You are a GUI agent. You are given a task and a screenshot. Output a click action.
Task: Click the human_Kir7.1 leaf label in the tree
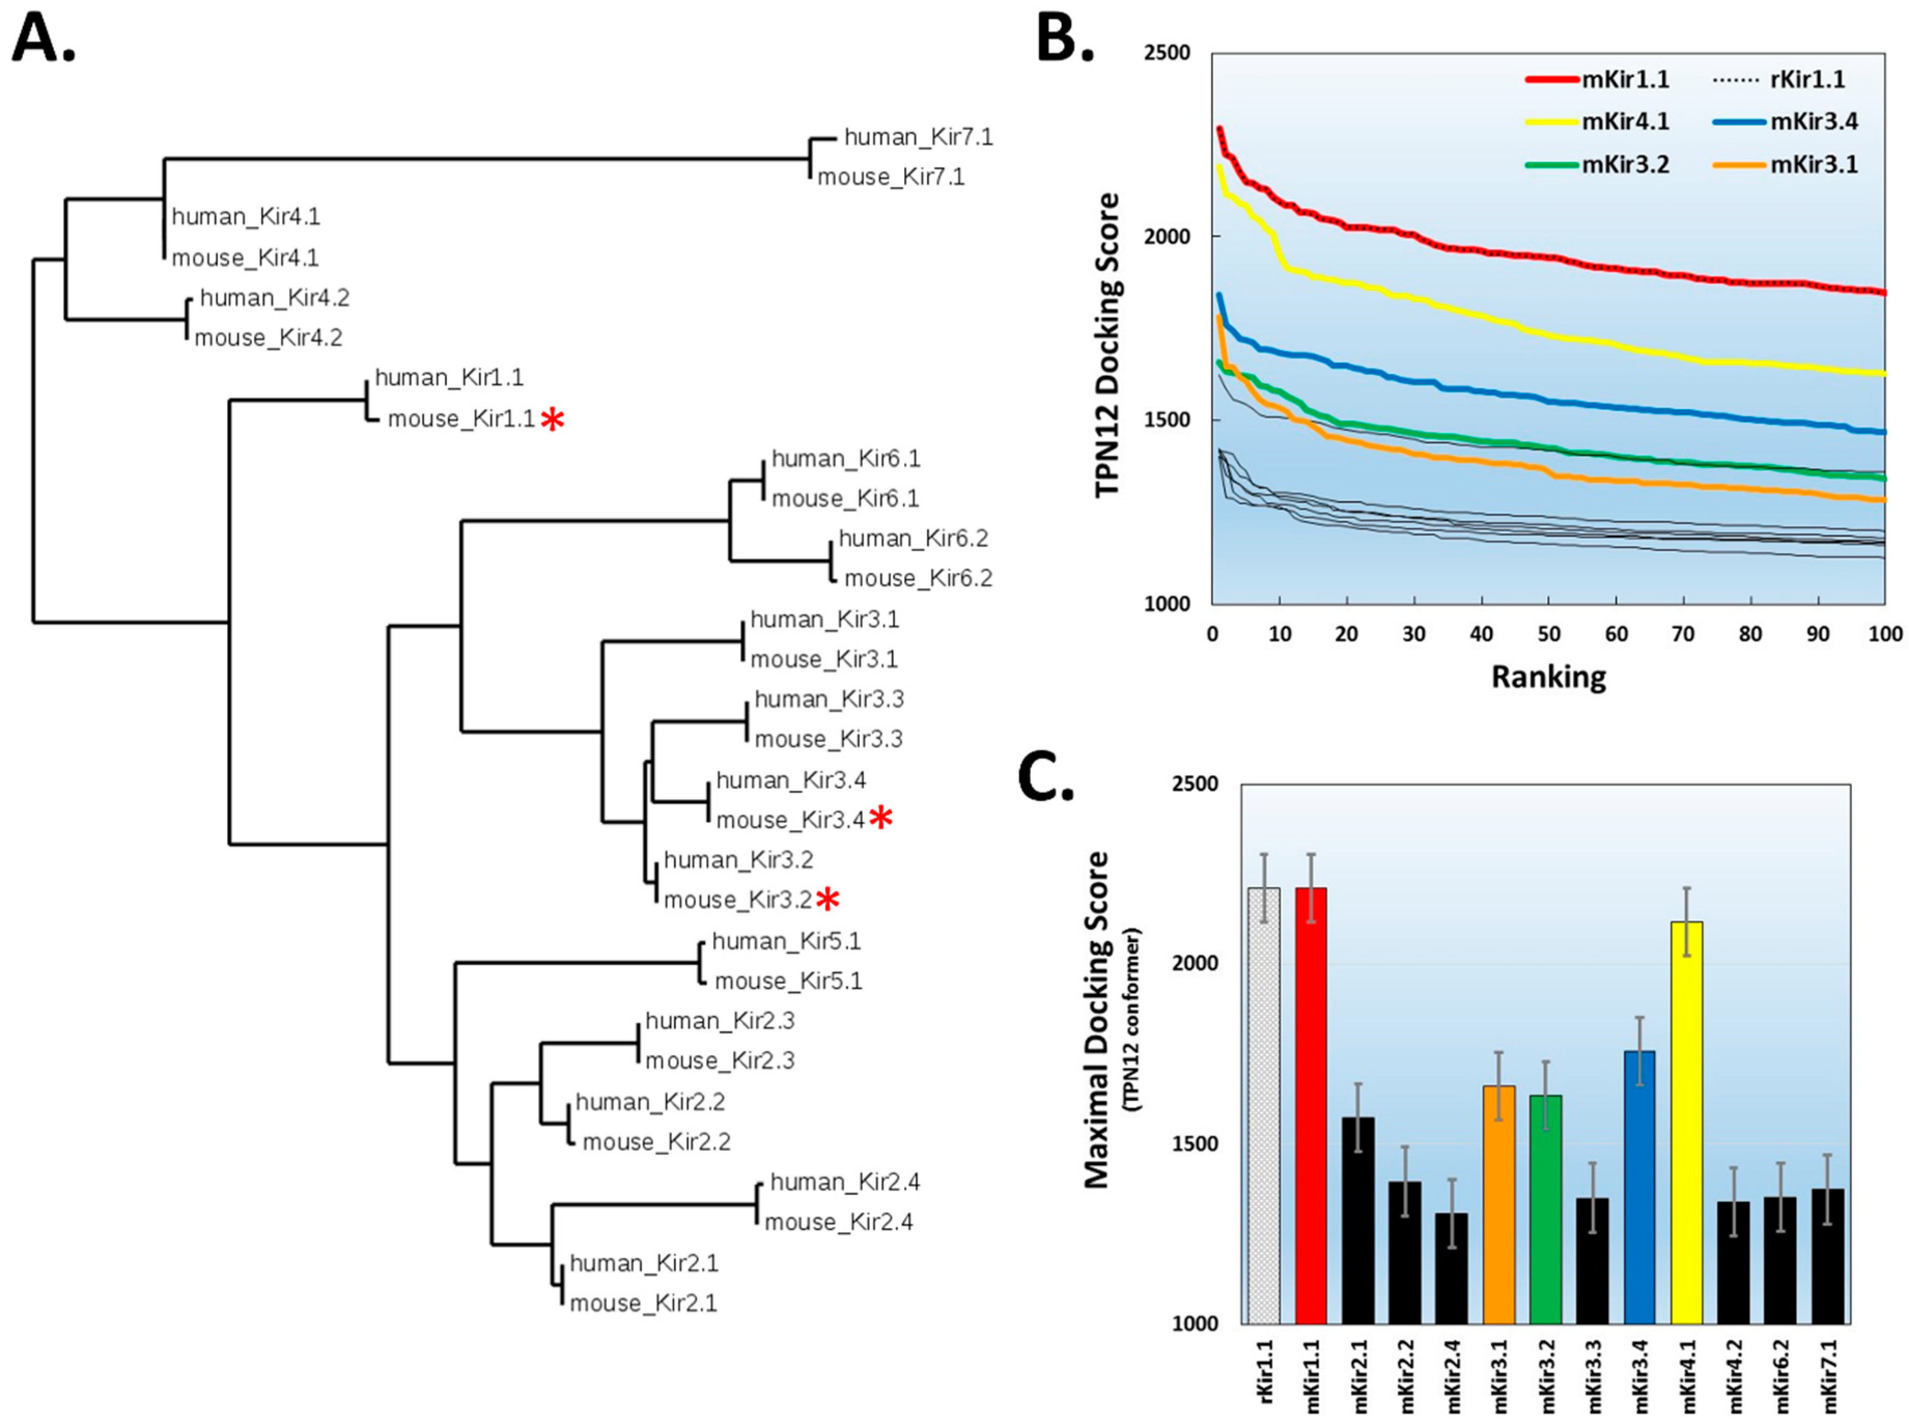point(918,137)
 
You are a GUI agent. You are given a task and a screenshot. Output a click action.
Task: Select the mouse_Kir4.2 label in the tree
point(269,338)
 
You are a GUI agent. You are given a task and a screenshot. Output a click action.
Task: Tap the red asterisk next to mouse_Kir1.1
point(552,421)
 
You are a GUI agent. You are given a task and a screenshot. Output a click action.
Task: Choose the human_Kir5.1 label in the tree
point(786,941)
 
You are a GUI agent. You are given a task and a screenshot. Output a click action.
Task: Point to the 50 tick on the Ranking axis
point(1549,635)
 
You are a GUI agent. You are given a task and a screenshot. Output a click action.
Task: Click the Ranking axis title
point(1549,677)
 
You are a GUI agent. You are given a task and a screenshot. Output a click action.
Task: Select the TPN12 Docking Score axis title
point(1107,345)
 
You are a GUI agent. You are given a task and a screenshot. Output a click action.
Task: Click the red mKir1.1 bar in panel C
point(1311,1105)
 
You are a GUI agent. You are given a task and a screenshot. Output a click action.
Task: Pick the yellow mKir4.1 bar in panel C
point(1687,1122)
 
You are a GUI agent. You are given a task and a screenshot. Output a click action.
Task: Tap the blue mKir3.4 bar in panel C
point(1640,1187)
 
